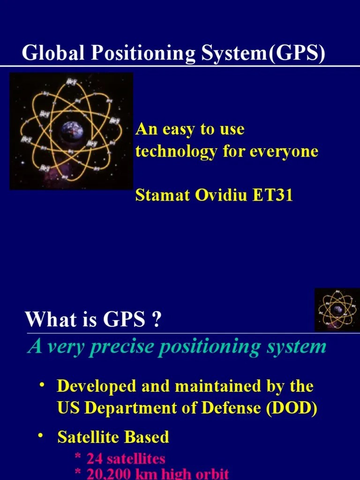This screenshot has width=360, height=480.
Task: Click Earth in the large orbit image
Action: [71, 130]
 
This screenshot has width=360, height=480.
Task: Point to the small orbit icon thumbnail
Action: [337, 310]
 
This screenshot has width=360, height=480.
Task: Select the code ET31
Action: [273, 195]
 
